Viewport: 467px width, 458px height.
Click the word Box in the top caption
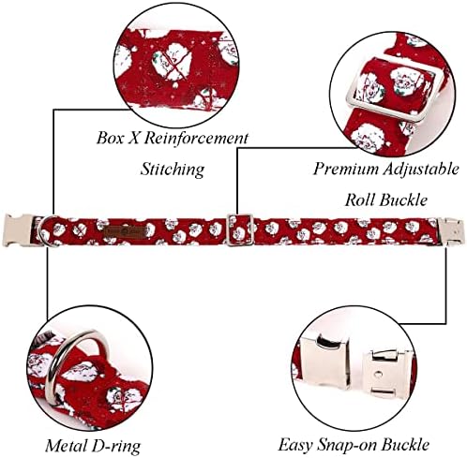(110, 138)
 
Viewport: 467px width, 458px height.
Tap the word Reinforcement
(196, 138)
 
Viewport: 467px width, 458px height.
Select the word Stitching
(173, 170)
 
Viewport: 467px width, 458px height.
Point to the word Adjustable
(420, 170)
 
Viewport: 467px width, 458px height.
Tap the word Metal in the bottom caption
(67, 445)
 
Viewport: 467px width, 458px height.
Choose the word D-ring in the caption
(116, 446)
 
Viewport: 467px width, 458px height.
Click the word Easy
(295, 445)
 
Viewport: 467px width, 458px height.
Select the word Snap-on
(348, 445)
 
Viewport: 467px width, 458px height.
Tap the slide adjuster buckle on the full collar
(240, 230)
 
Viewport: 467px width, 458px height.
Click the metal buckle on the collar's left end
(18, 230)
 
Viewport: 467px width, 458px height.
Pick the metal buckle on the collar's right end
(451, 231)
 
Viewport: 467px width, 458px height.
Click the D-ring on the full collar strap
(46, 231)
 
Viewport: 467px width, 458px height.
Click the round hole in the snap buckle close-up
(379, 373)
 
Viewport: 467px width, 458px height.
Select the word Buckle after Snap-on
(406, 445)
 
